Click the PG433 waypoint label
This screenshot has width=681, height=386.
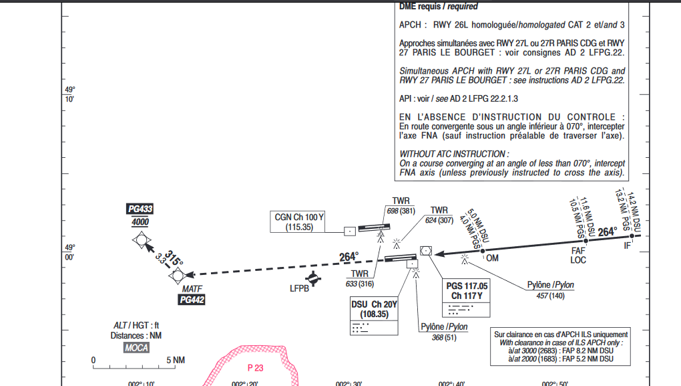pos(140,209)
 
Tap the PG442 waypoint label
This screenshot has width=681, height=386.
pos(192,300)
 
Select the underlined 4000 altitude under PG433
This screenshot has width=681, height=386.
pos(140,222)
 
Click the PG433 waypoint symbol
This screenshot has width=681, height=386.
pos(141,240)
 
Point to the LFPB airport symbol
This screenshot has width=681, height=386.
pos(312,278)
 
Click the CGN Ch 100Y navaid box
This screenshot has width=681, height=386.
pos(299,222)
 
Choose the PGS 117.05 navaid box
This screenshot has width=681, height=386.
pos(467,298)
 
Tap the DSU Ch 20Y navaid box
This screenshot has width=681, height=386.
pos(374,316)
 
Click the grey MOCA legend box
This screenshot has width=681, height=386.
pos(136,348)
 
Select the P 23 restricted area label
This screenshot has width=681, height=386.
pos(255,368)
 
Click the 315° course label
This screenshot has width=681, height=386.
pos(174,258)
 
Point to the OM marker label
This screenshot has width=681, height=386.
pos(492,258)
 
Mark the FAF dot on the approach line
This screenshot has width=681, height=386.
pos(586,241)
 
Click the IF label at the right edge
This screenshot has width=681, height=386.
pos(627,246)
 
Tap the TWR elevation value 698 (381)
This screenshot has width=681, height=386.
pos(401,211)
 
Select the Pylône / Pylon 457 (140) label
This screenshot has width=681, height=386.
pos(550,290)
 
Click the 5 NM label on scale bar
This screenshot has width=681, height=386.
pos(176,361)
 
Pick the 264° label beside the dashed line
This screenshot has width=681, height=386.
pos(349,257)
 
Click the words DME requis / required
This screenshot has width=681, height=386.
pos(438,7)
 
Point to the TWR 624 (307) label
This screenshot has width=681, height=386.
pos(439,215)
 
